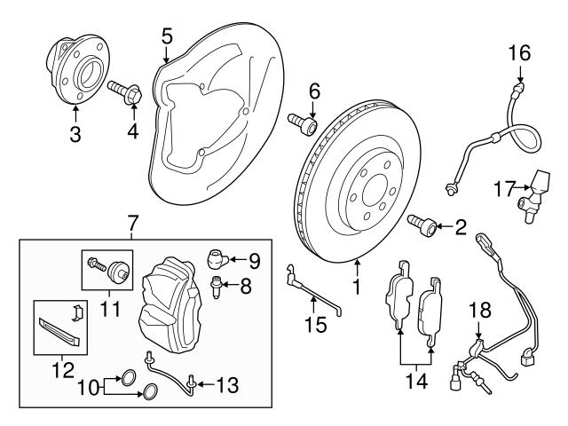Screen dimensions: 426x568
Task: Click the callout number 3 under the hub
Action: (75, 136)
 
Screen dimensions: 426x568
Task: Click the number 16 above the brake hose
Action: (519, 53)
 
